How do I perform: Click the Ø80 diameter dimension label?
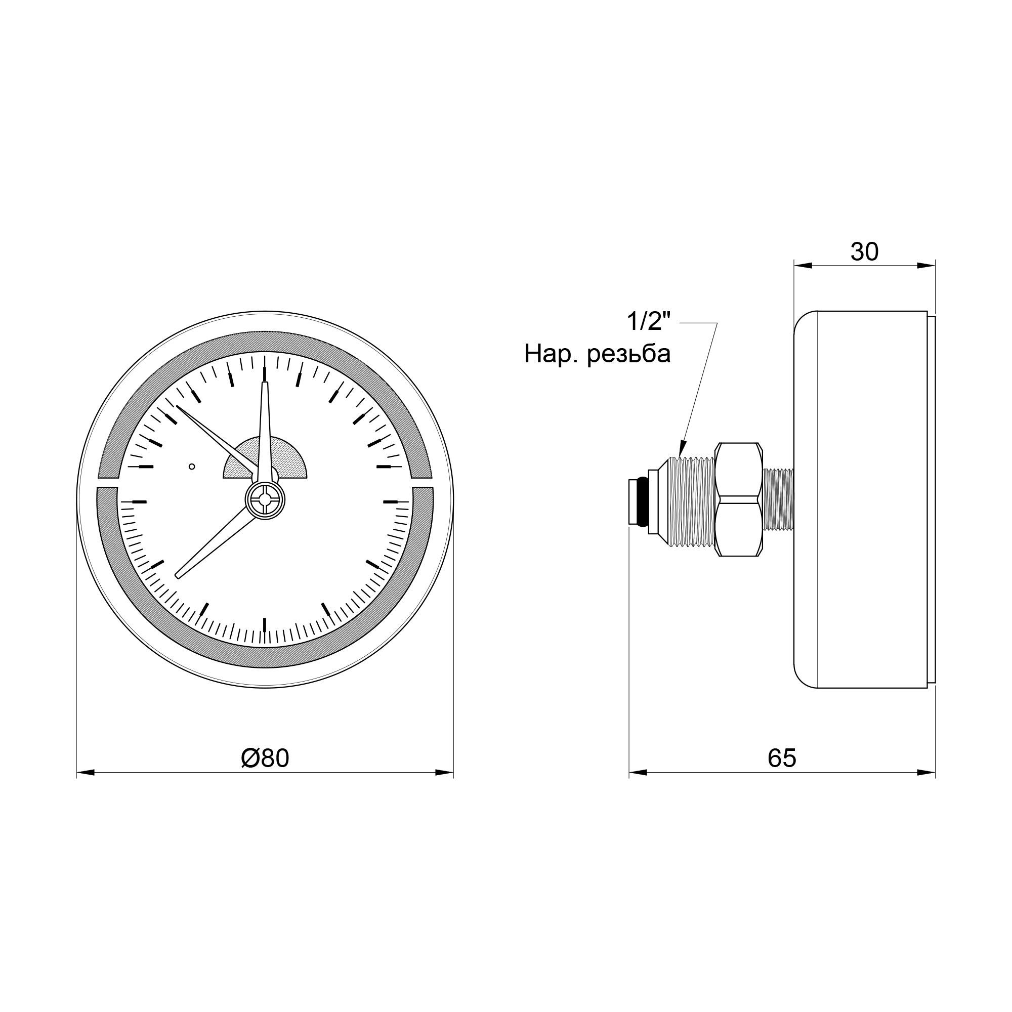(x=265, y=758)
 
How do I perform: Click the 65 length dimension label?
(x=782, y=758)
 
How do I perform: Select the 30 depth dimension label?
(x=864, y=252)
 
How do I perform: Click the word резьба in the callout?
(x=628, y=355)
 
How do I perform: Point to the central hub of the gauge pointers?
(x=266, y=500)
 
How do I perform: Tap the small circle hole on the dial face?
(x=192, y=466)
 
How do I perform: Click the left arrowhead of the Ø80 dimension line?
(x=85, y=772)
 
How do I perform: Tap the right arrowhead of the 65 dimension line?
(x=927, y=772)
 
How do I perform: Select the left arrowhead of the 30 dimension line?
(x=803, y=266)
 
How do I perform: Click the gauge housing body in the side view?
(x=864, y=500)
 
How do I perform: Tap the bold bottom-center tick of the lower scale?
(x=265, y=624)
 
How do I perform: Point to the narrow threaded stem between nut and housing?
(x=778, y=500)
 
